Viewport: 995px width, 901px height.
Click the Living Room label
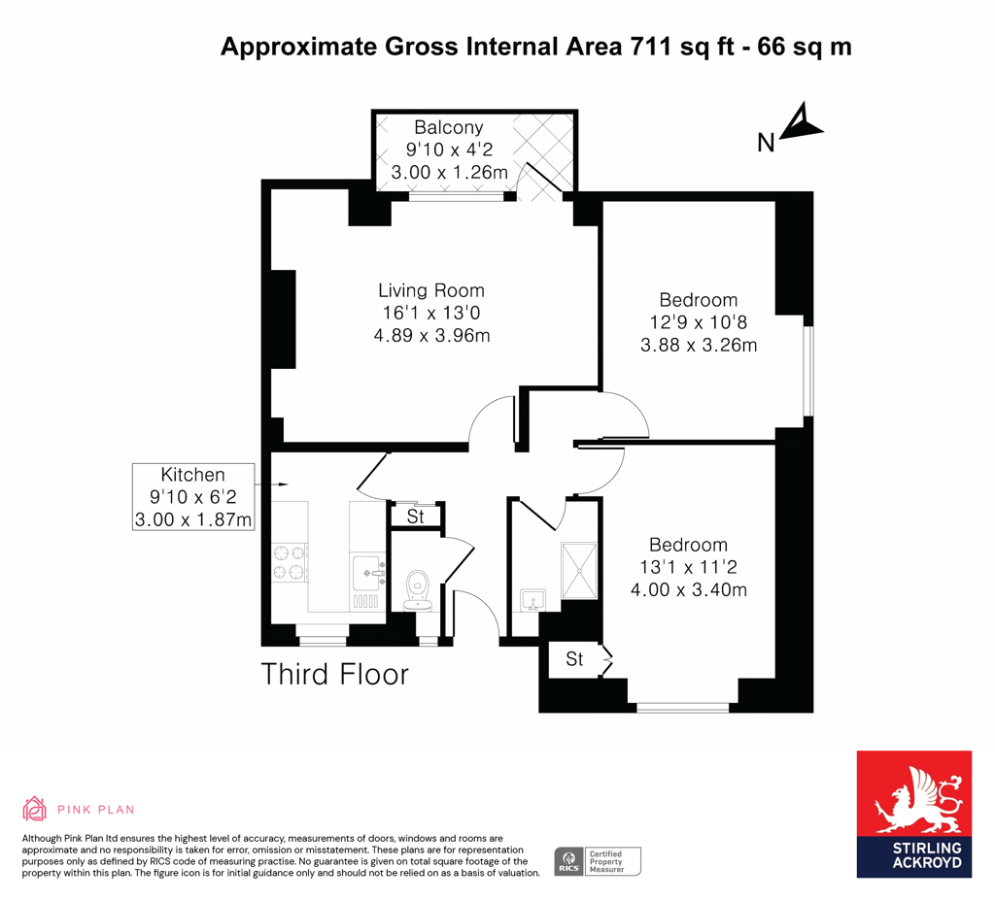(x=430, y=290)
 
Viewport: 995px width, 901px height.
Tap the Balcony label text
(x=448, y=127)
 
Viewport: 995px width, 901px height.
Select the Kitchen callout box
(x=193, y=497)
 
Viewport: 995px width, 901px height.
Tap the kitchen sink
(x=368, y=574)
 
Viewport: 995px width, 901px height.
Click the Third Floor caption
(x=335, y=674)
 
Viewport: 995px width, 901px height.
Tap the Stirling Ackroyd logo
(x=913, y=814)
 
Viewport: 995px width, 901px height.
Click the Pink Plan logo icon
(x=35, y=809)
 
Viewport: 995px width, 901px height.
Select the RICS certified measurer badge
(x=597, y=860)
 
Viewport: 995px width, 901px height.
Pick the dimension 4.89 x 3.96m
(x=430, y=336)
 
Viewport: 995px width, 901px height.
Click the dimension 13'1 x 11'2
(x=689, y=567)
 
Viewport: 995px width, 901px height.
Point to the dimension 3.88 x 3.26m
(x=699, y=345)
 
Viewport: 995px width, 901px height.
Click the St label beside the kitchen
(x=416, y=517)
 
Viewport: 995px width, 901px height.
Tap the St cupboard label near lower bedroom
(x=574, y=659)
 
